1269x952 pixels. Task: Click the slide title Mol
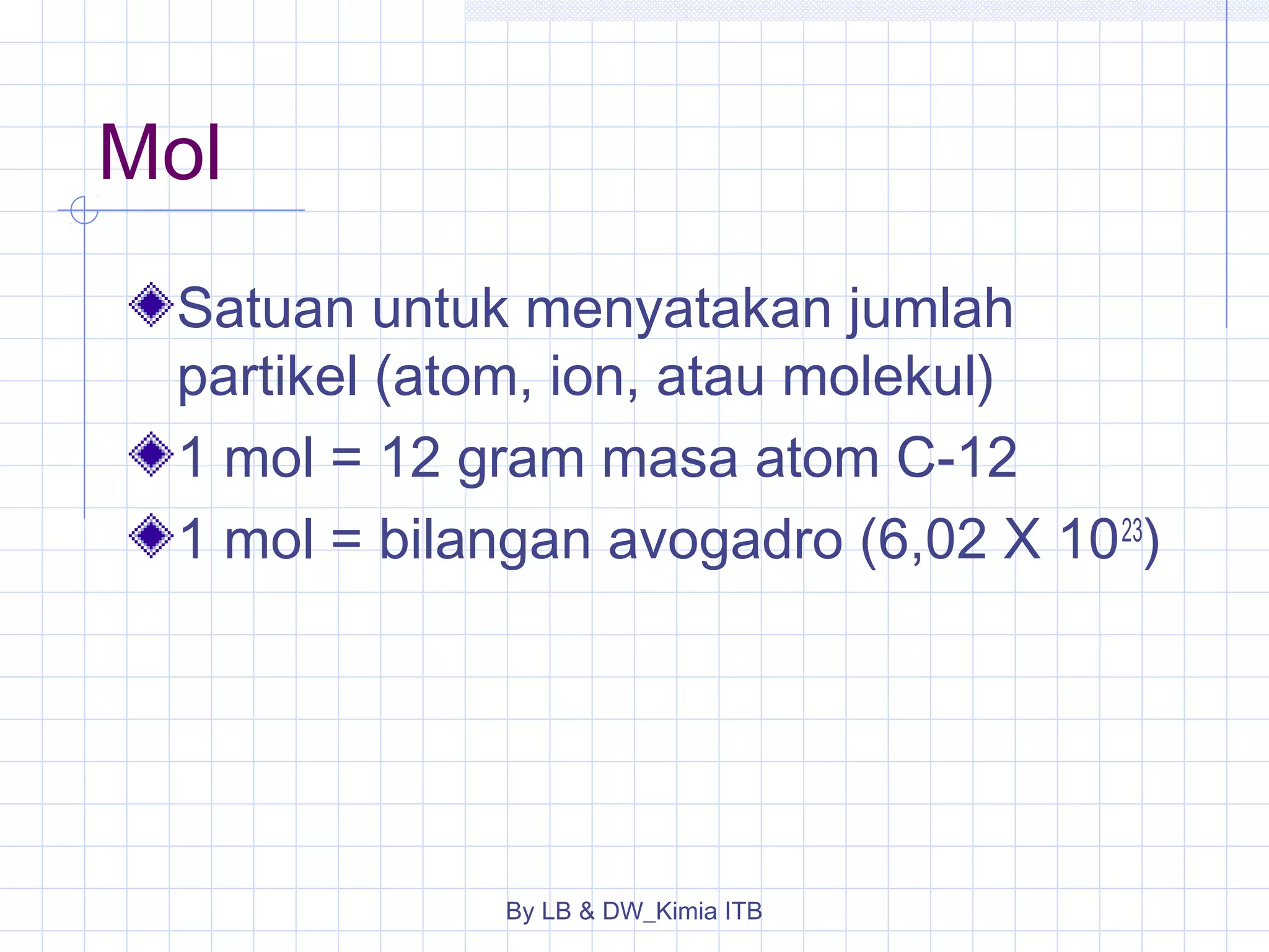(159, 153)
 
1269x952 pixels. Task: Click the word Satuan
(265, 308)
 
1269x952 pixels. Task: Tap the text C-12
(957, 458)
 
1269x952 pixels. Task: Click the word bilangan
(485, 540)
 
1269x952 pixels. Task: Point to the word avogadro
(726, 540)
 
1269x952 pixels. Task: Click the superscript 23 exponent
(1131, 531)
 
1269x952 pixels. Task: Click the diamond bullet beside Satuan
(151, 304)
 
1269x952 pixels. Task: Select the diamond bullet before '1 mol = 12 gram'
(151, 454)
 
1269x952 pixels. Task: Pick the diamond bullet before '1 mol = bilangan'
(151, 535)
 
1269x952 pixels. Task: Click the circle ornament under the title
(84, 210)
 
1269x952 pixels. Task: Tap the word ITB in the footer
(743, 911)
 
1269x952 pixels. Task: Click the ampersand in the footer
(586, 911)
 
